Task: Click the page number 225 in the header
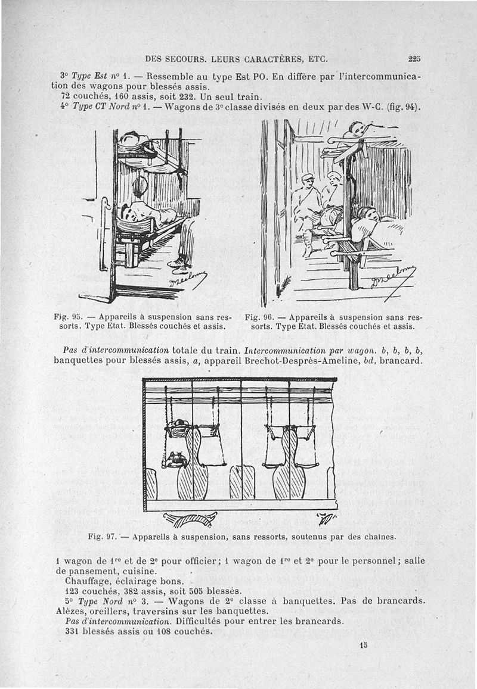[415, 59]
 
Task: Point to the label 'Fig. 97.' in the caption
[100, 537]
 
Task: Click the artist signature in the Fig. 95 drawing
[190, 278]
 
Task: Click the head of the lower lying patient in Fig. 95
[126, 210]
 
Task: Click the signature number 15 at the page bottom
[364, 645]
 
